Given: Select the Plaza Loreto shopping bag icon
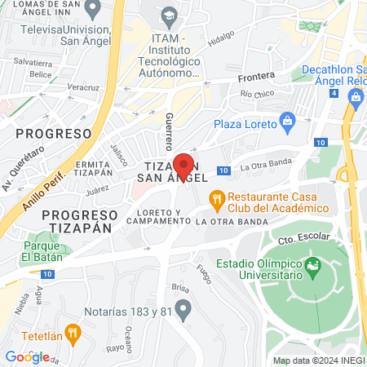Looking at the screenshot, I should pyautogui.click(x=286, y=123).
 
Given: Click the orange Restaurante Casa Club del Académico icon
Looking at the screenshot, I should pyautogui.click(x=216, y=197).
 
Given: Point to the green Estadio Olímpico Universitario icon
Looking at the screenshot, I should pyautogui.click(x=312, y=265).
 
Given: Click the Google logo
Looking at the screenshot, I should pyautogui.click(x=27, y=356).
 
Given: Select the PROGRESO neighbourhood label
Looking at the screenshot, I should pyautogui.click(x=53, y=133).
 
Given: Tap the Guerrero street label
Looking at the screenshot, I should pyautogui.click(x=170, y=131).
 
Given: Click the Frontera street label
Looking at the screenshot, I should pyautogui.click(x=257, y=77).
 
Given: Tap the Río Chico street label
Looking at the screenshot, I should pyautogui.click(x=257, y=94).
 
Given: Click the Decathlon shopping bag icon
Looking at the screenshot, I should pyautogui.click(x=356, y=96).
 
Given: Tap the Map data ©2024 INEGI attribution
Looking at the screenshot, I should pyautogui.click(x=318, y=360).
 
